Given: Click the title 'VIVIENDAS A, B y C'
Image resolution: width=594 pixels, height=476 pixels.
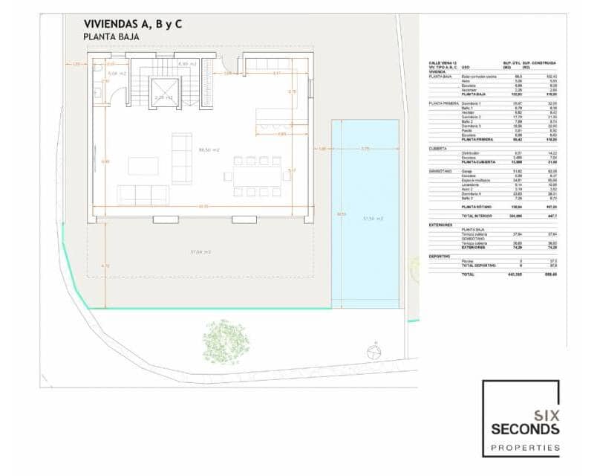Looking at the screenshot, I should click(133, 24).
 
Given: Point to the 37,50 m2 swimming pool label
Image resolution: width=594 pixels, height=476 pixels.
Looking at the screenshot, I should click(373, 219).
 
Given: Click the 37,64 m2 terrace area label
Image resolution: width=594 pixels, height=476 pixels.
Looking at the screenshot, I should click(200, 252).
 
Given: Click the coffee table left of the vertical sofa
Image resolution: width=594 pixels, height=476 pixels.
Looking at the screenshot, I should click(143, 165).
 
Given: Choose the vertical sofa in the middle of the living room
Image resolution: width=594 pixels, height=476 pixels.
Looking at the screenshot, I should click(181, 158).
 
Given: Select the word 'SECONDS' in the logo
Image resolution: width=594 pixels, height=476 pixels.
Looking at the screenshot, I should click(524, 429).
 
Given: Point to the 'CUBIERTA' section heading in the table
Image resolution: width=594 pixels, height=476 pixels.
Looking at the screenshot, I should click(437, 149).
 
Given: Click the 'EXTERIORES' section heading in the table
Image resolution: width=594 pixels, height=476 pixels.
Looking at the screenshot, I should click(440, 223).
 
